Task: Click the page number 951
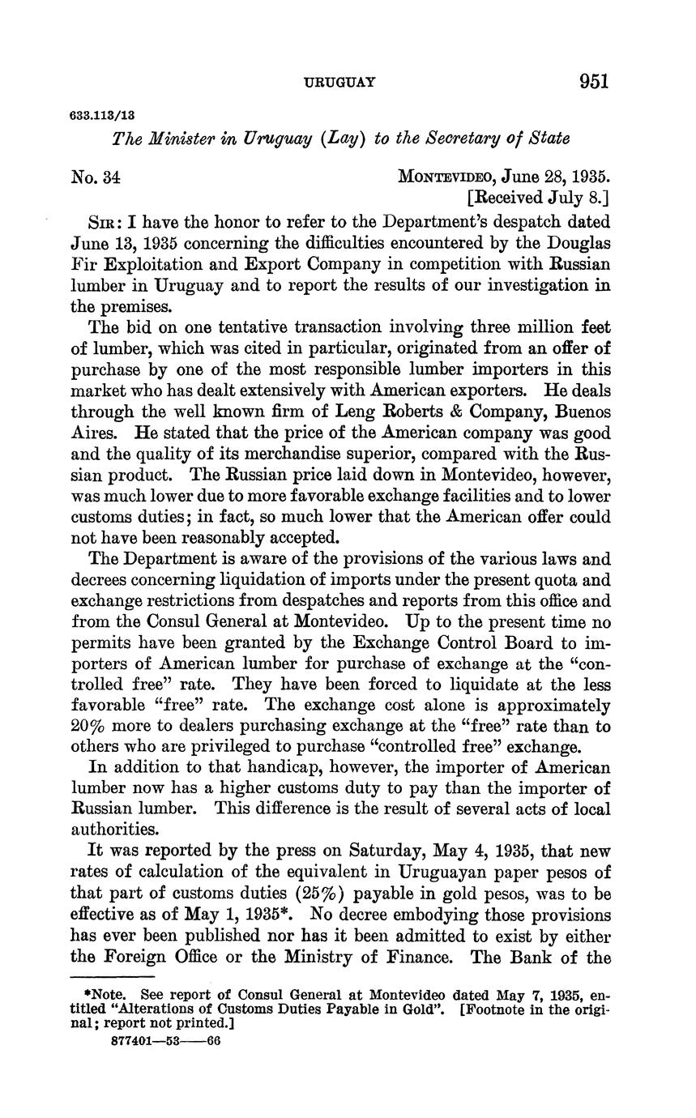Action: tap(593, 81)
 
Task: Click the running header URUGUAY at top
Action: tap(339, 82)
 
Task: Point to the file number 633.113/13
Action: tap(103, 116)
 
